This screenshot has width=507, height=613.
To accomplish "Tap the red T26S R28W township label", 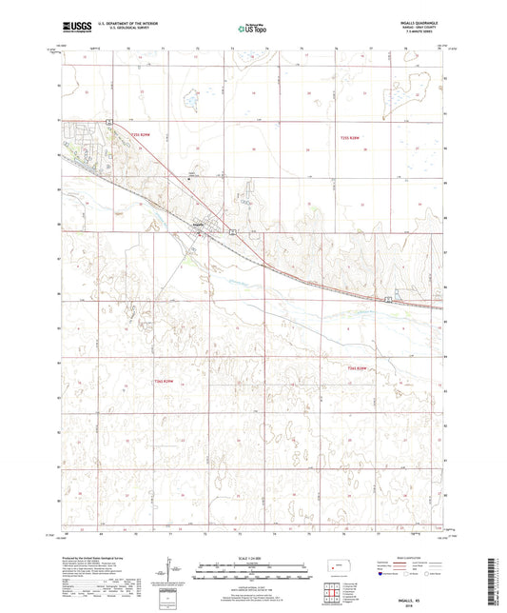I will click(x=358, y=367).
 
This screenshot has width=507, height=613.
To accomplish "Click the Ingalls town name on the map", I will click(x=199, y=225).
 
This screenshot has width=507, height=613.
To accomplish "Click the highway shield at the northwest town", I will click(x=110, y=120).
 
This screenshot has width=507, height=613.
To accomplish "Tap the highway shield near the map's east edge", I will click(x=388, y=300).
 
